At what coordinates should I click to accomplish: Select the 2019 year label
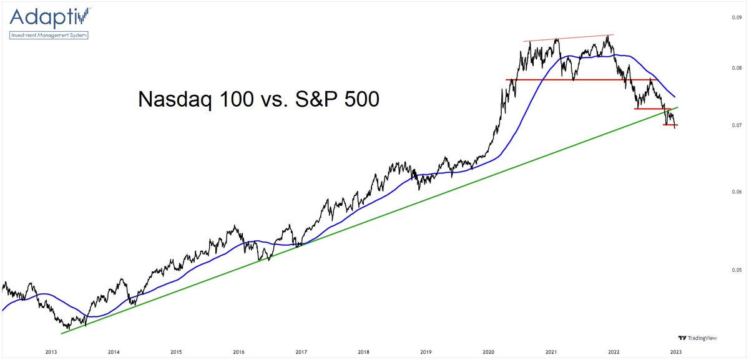click(425, 352)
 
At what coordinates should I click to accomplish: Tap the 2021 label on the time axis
click(551, 352)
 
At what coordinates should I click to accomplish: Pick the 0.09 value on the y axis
click(736, 17)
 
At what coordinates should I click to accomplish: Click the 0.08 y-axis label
click(736, 68)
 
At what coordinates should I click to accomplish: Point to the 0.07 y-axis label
click(736, 125)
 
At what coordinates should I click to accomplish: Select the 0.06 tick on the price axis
click(736, 192)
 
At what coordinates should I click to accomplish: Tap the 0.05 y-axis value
click(736, 270)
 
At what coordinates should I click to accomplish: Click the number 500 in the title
click(358, 99)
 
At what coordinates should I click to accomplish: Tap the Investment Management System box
click(49, 35)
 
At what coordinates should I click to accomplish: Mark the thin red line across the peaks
click(569, 38)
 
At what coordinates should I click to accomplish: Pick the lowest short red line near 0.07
click(670, 125)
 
